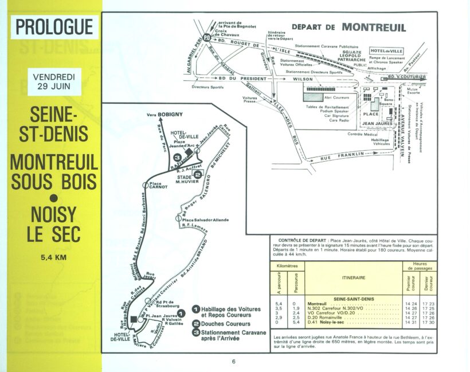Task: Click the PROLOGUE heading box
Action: point(55,27)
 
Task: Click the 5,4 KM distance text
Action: point(54,257)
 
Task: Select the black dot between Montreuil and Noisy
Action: point(54,199)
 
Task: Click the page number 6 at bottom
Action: point(234,361)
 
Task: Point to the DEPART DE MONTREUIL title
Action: point(349,27)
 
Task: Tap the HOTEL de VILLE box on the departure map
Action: point(387,51)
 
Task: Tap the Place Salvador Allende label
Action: point(205,220)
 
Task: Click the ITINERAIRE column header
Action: point(353,277)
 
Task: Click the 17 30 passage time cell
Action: point(428,323)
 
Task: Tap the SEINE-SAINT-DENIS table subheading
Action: point(353,298)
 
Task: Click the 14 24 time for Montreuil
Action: point(410,304)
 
